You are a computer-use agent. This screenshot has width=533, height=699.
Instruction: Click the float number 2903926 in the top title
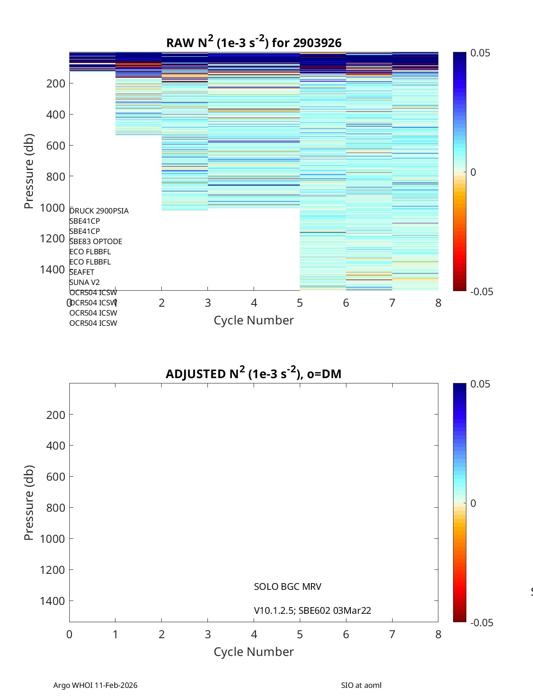[317, 43]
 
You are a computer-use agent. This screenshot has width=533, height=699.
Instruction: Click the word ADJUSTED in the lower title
[195, 374]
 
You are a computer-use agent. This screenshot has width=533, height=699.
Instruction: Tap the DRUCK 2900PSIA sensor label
[99, 211]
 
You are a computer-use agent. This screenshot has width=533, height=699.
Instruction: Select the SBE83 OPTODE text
[95, 241]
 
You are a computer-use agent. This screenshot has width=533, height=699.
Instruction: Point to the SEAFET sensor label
[82, 272]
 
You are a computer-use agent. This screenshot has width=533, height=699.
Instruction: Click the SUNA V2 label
[84, 282]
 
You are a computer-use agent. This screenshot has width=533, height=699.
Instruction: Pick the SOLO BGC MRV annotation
[287, 587]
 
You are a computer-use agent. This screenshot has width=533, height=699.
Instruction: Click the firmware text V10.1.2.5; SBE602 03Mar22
[312, 611]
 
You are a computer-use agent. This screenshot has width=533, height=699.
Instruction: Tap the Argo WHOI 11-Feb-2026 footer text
[95, 685]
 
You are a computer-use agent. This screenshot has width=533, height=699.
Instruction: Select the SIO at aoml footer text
[361, 685]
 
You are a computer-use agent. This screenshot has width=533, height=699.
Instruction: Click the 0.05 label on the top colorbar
[480, 53]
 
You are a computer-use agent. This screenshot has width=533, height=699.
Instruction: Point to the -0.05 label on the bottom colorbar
[481, 623]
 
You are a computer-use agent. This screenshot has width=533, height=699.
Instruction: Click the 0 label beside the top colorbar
[473, 172]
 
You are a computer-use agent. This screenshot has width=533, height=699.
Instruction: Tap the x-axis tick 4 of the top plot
[254, 303]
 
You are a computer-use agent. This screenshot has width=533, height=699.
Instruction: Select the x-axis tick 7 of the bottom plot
[392, 635]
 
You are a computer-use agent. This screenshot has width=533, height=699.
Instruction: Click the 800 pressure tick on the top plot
[56, 177]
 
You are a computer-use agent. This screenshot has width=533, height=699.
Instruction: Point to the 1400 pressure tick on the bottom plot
[52, 601]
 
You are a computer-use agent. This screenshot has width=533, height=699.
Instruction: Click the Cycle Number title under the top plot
[254, 320]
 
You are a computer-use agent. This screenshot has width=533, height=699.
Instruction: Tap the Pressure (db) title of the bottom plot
[29, 502]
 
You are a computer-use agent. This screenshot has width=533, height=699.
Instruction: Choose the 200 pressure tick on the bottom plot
[56, 415]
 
